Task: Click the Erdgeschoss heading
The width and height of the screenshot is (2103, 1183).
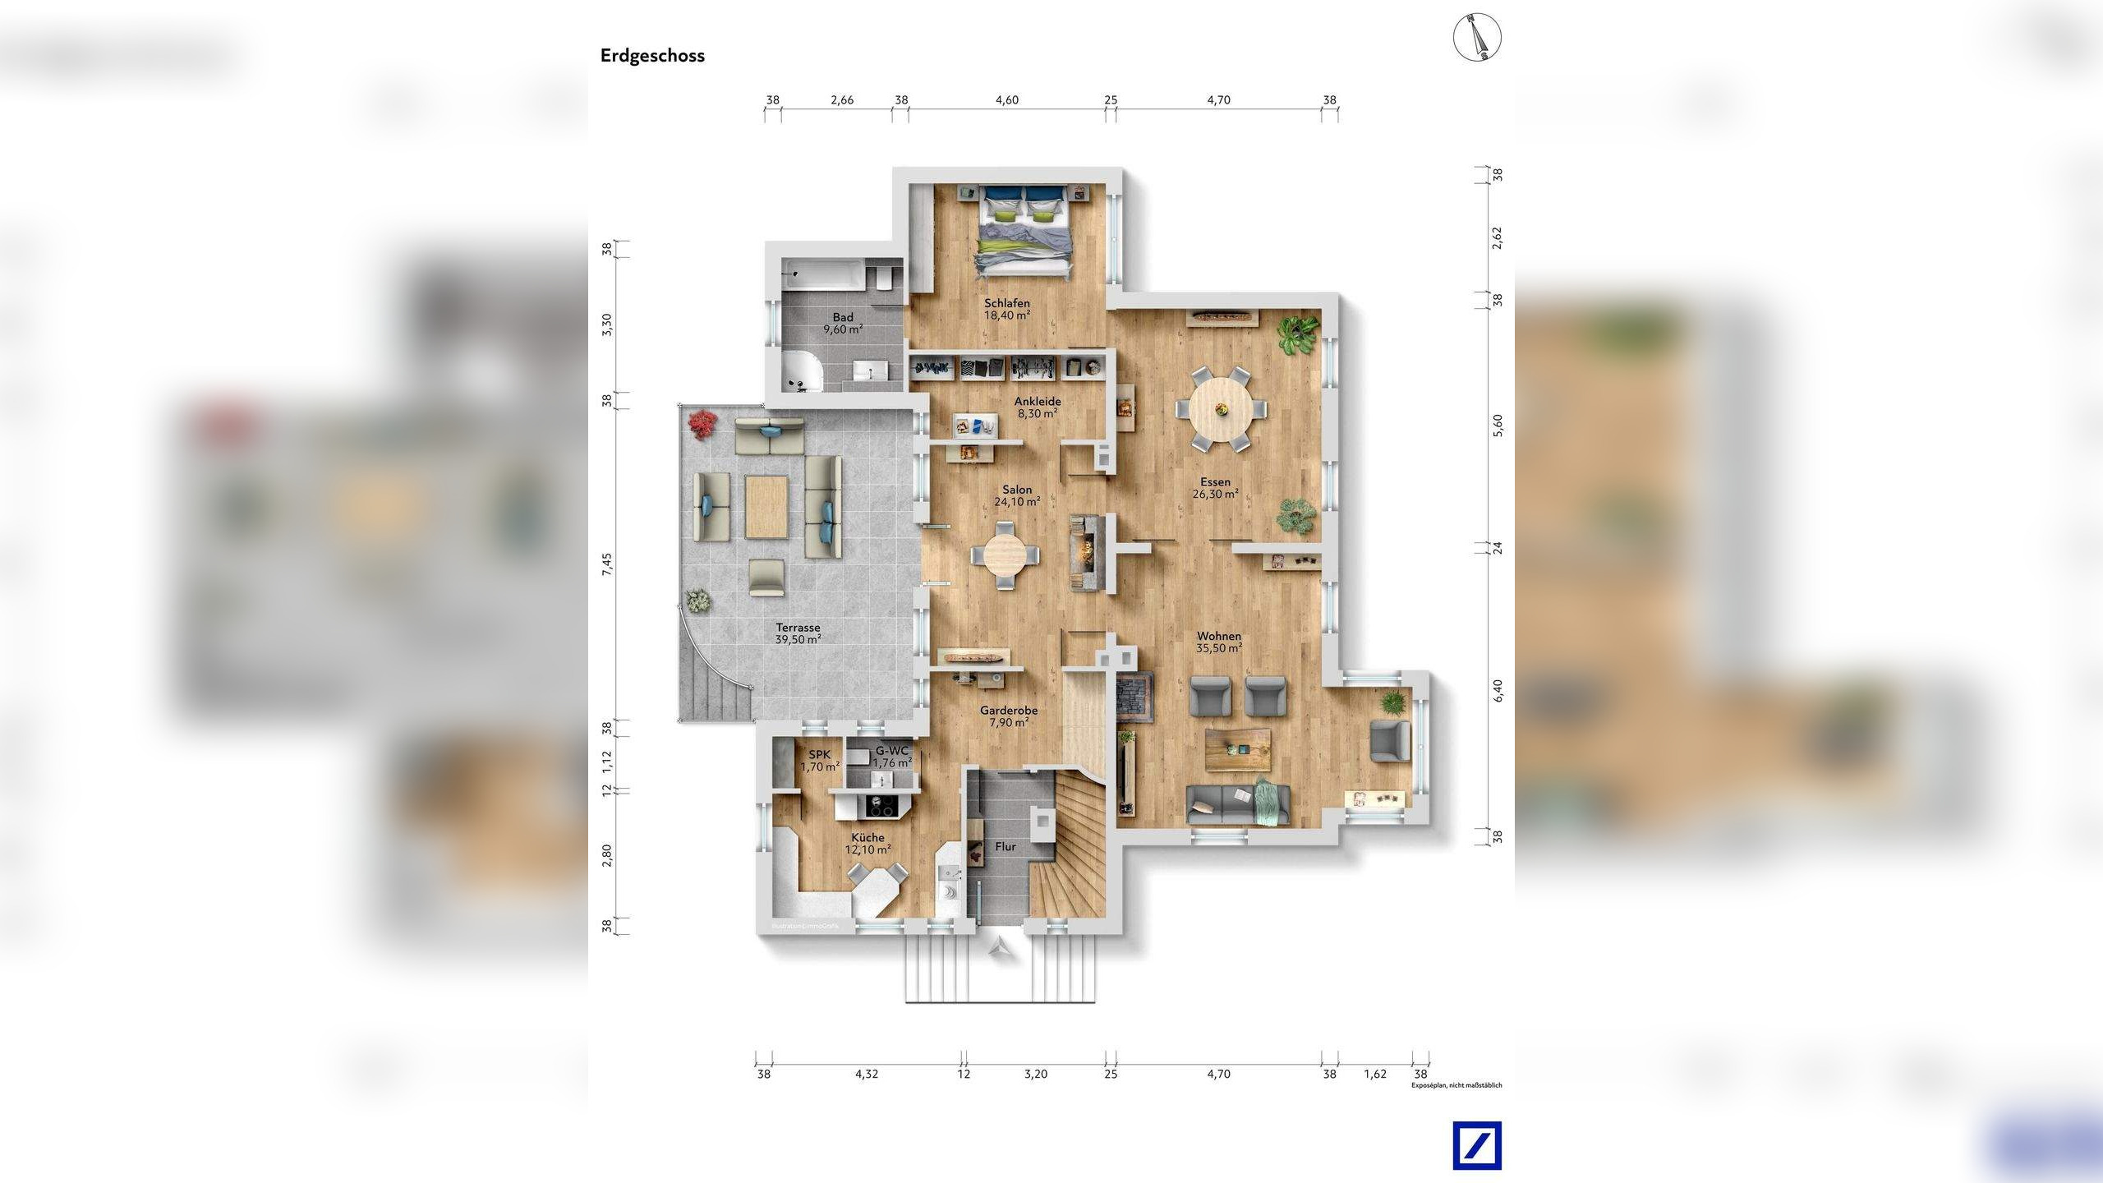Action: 652,56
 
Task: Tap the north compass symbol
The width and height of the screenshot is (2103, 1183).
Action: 1477,38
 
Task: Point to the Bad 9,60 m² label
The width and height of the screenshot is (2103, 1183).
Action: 843,323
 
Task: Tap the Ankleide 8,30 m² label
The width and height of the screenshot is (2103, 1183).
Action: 1037,407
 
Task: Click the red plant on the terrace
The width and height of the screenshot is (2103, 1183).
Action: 702,423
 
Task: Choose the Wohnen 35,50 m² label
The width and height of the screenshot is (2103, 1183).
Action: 1218,642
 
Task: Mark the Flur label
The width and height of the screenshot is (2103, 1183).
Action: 1005,846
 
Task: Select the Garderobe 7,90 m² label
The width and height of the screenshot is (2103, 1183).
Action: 1008,716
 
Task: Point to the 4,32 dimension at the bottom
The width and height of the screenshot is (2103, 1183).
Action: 866,1073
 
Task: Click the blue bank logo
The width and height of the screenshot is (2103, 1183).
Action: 1476,1145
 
